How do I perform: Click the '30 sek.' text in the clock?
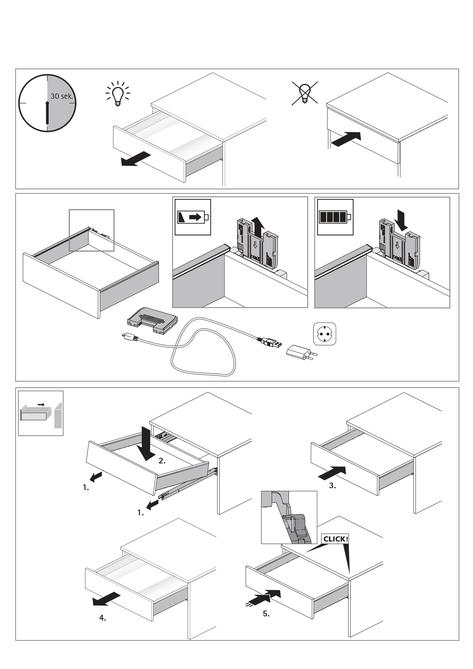click(61, 96)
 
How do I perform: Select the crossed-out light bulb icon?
click(305, 93)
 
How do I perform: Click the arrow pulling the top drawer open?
click(135, 158)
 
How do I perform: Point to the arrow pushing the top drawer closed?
click(346, 139)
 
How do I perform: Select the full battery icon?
click(335, 217)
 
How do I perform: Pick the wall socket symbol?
click(324, 334)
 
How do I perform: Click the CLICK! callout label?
click(335, 539)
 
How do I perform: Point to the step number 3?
click(332, 486)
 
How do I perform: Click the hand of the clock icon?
click(47, 113)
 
